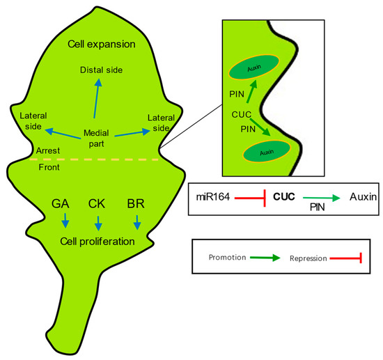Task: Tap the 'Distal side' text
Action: click(102, 70)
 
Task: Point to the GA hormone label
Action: click(61, 204)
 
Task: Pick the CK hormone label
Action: click(98, 204)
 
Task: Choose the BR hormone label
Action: click(136, 204)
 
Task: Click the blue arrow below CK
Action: click(98, 224)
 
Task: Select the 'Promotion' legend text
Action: click(228, 257)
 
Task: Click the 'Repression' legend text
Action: click(308, 258)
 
